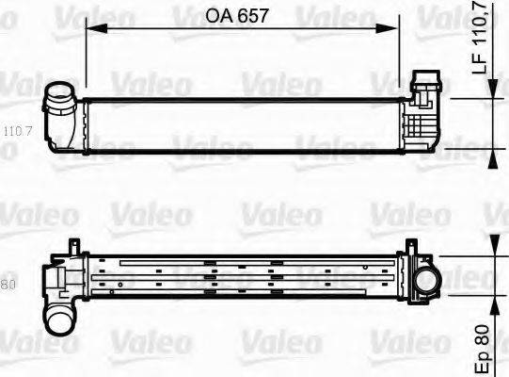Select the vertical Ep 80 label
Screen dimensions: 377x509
(x=480, y=347)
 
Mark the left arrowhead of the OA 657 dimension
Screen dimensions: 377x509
(x=90, y=28)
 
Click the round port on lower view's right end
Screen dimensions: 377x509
(x=424, y=280)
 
